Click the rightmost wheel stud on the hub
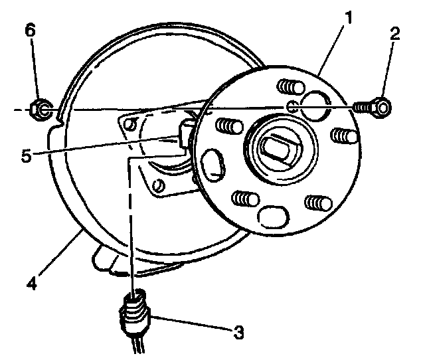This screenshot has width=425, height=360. [x=343, y=136]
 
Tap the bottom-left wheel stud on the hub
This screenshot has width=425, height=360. [x=246, y=198]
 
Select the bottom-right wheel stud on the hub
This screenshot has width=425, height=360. [x=314, y=203]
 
